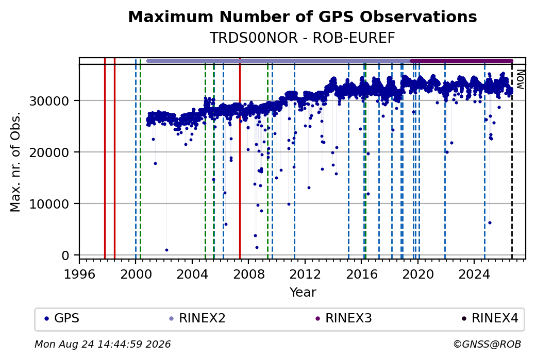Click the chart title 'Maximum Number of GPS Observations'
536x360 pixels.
tap(303, 16)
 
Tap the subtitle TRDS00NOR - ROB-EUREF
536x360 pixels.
tap(303, 38)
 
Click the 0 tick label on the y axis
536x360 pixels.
tap(65, 256)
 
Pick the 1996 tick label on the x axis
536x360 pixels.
tap(79, 274)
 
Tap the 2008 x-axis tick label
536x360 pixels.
tap(248, 274)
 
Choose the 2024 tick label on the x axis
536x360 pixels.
tap(475, 274)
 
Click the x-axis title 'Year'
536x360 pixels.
tap(303, 293)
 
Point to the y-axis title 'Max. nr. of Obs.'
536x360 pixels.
tap(15, 162)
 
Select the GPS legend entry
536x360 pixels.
tap(62, 318)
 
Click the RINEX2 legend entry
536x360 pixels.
tap(197, 318)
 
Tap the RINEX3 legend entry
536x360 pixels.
tap(344, 318)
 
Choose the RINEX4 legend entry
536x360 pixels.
tap(490, 318)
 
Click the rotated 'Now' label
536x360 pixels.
tap(520, 79)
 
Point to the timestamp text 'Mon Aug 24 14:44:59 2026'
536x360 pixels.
tap(103, 344)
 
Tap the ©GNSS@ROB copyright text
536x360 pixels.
tap(487, 344)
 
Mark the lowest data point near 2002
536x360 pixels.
tap(166, 250)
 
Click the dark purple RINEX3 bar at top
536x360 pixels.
tap(461, 61)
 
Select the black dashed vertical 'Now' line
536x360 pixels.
tap(512, 162)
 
